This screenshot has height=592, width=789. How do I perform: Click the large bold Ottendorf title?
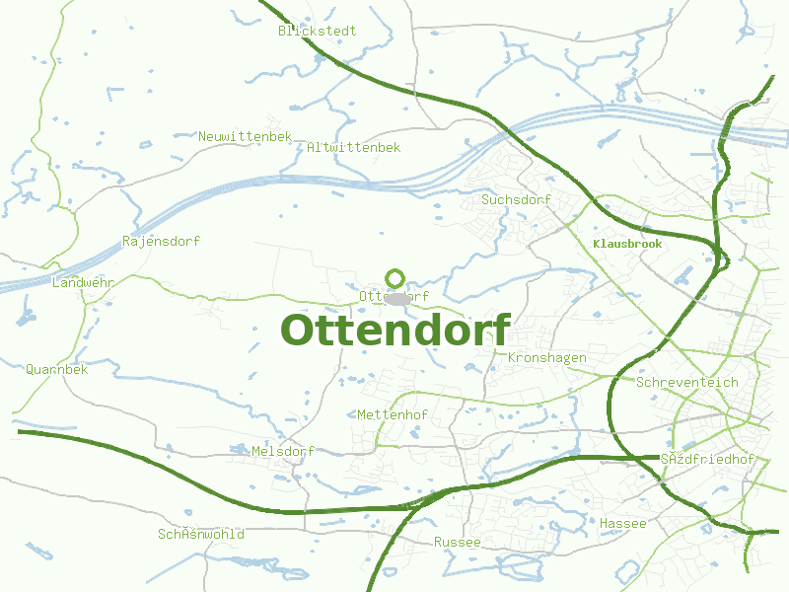click(395, 331)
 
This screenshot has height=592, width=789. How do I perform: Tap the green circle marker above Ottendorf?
click(395, 278)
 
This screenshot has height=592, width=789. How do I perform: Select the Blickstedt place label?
click(317, 31)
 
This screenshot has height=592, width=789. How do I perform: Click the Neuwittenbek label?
click(246, 136)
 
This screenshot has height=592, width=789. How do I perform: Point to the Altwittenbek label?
click(354, 147)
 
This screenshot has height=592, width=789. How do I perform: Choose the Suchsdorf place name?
click(516, 200)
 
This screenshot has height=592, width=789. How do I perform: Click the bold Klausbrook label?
click(627, 243)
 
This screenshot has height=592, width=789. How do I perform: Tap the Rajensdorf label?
click(162, 241)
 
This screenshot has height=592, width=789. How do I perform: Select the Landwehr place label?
click(83, 282)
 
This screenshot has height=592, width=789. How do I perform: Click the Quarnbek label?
click(57, 370)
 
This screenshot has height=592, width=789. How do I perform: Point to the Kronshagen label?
click(547, 357)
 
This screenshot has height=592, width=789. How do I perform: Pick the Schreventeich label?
click(687, 382)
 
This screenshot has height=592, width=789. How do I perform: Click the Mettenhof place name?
click(393, 414)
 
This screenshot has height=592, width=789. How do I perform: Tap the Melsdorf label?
click(283, 451)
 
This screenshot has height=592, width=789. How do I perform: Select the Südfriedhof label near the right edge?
click(707, 460)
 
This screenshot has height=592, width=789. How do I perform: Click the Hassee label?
click(623, 523)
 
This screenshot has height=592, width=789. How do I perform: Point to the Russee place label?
click(458, 542)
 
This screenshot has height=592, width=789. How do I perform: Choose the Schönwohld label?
click(201, 534)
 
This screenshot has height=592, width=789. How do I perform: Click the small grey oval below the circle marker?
click(397, 298)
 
